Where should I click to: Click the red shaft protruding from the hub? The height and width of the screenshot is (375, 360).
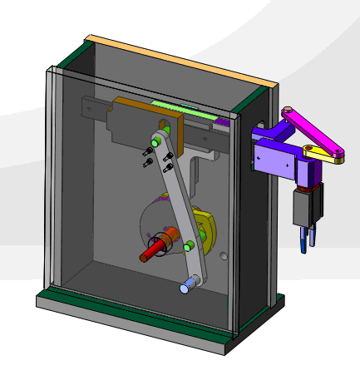coord(152,250)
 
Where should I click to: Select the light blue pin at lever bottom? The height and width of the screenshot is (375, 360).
coord(187,287)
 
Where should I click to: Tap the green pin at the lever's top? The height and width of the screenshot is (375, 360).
coord(155,142)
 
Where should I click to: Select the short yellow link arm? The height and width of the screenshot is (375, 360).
coord(324,155)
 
